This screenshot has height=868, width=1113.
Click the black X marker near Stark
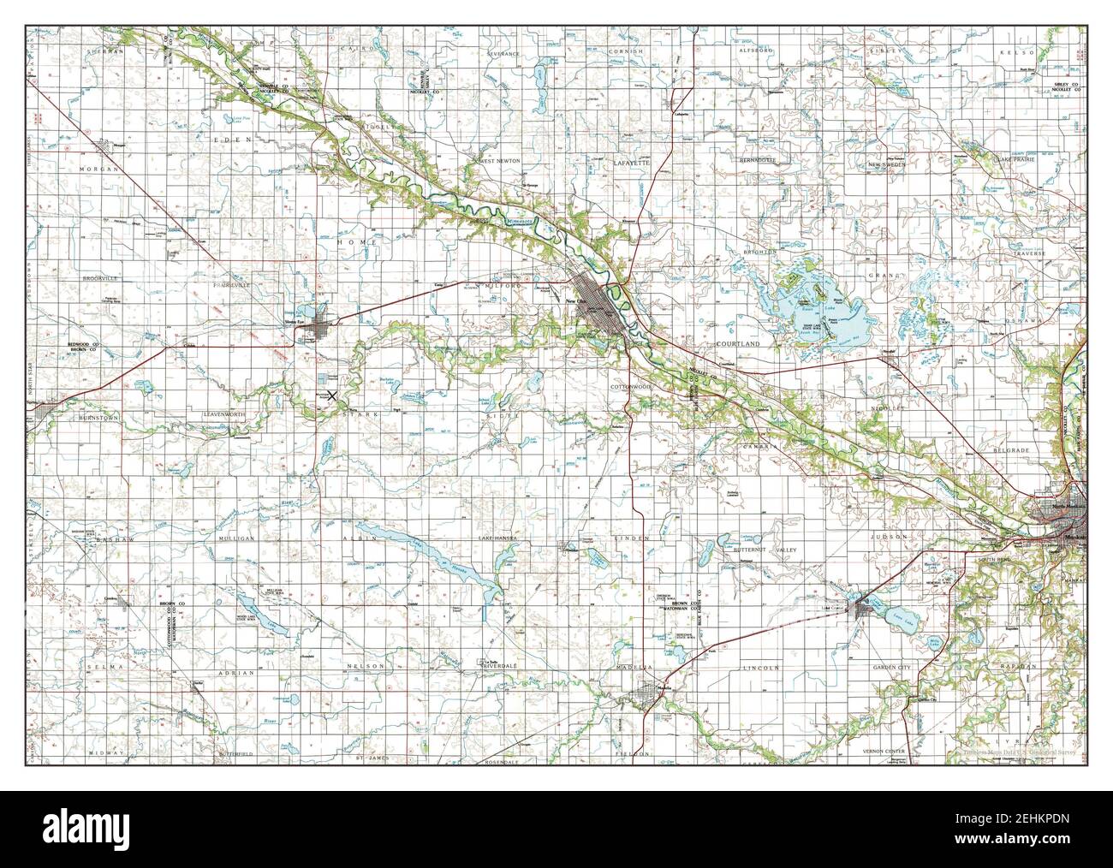tap(331, 395)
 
